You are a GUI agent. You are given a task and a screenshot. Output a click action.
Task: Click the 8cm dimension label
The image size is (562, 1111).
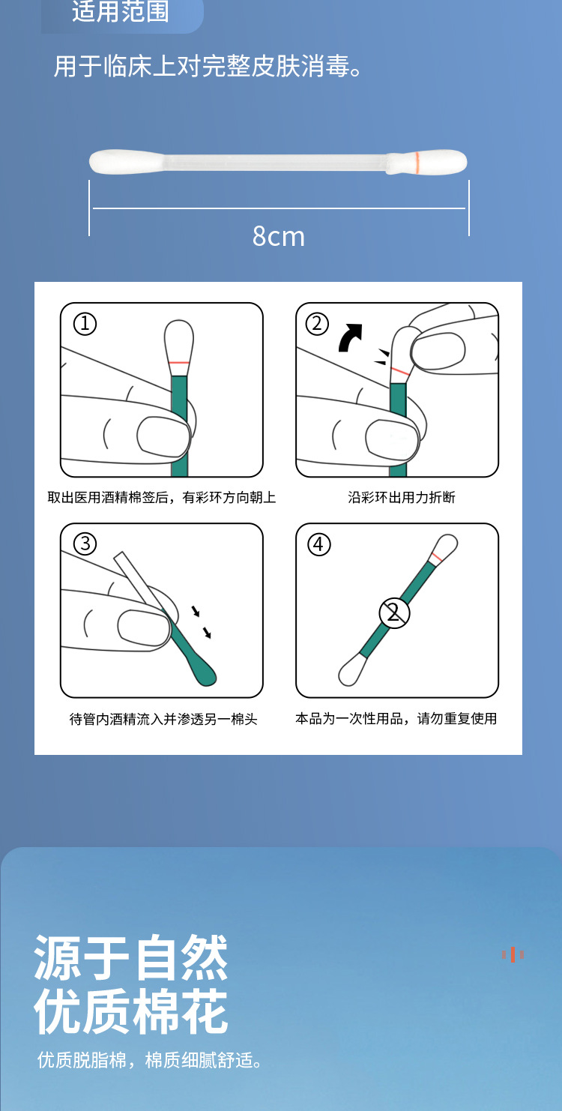(x=279, y=236)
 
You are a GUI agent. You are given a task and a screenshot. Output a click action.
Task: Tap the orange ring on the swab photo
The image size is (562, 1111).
(x=417, y=160)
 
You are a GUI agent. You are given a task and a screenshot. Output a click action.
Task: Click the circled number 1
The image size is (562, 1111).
(x=85, y=324)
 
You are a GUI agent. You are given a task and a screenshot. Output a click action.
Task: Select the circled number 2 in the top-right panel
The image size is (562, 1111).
(x=317, y=324)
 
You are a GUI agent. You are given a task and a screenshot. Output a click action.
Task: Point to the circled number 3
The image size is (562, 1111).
(x=85, y=544)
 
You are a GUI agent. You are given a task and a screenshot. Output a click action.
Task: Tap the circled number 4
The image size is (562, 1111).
(x=318, y=544)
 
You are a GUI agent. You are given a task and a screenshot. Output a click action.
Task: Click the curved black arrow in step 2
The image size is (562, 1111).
(x=349, y=337)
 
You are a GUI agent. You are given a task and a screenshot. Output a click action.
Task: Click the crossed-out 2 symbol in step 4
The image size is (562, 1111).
(x=394, y=613)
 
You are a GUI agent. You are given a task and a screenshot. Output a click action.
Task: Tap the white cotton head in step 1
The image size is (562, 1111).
(x=179, y=341)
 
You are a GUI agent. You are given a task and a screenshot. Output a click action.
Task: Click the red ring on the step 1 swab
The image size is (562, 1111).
(x=179, y=363)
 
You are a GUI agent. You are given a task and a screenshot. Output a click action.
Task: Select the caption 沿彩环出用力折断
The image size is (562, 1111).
(x=402, y=498)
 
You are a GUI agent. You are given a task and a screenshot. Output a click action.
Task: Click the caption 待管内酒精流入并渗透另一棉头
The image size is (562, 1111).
(x=163, y=719)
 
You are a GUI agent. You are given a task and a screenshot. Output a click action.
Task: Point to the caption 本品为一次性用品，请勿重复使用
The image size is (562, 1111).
(x=396, y=718)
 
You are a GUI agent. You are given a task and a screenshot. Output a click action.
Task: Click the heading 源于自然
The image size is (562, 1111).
(x=131, y=957)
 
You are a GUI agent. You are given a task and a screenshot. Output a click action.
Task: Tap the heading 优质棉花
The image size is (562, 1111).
(x=131, y=1011)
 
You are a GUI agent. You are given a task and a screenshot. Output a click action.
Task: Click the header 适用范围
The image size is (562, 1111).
(x=121, y=11)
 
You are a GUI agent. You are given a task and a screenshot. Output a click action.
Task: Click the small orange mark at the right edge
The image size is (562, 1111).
(x=513, y=954)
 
